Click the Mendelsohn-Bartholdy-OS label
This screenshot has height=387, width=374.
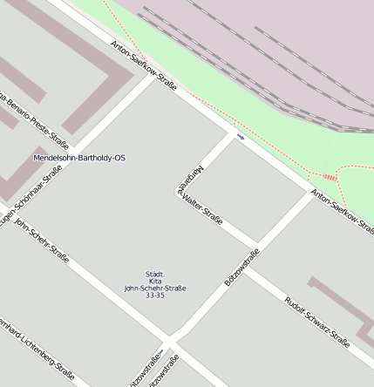coord(79,158)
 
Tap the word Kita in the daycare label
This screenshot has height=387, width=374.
coord(154,281)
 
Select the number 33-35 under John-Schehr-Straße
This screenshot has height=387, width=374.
coord(154,295)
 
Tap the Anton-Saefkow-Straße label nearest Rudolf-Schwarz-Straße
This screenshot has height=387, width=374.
coord(341,209)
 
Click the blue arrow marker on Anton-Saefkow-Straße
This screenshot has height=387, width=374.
coord(241,137)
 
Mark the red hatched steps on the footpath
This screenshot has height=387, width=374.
coord(330,177)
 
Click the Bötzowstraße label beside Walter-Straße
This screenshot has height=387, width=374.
coord(241,268)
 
